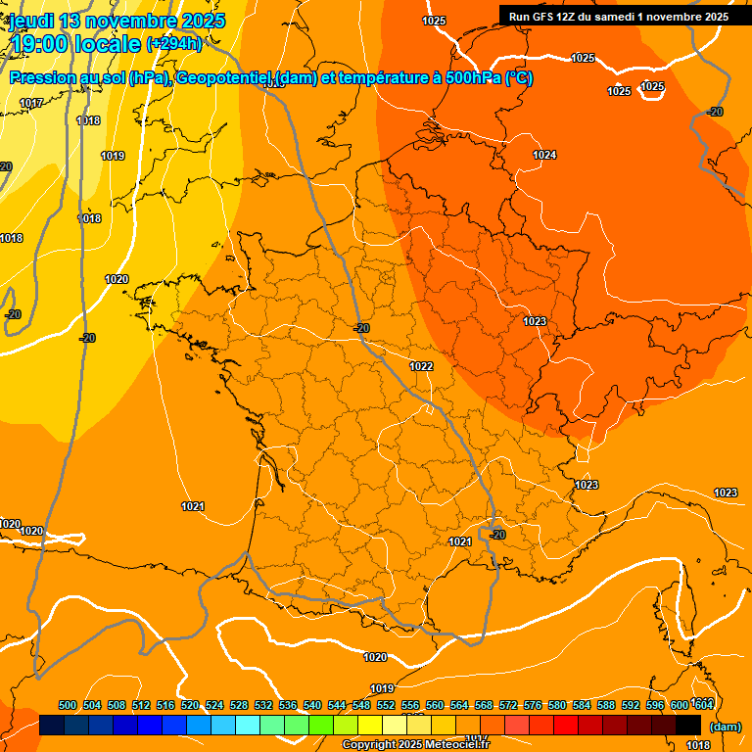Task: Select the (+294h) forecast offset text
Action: [173, 44]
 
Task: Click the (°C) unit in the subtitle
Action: [519, 78]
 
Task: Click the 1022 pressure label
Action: [421, 366]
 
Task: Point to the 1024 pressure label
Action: [544, 155]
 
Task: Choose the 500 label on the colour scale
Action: [68, 705]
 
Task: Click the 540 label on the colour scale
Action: [312, 705]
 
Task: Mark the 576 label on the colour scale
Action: [533, 705]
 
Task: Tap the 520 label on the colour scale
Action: [190, 705]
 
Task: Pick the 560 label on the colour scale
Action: [435, 705]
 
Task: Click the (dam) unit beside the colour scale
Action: [725, 726]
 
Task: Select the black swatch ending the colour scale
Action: [688, 725]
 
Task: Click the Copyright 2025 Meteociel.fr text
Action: [415, 745]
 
